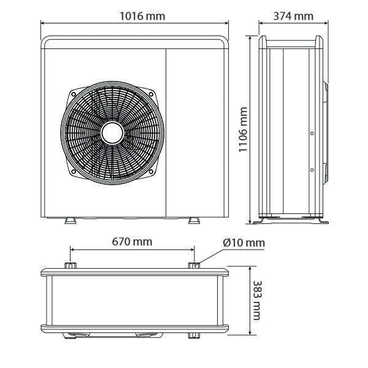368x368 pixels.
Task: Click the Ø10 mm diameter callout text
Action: pyautogui.click(x=244, y=243)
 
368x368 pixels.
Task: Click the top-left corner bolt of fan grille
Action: pyautogui.click(x=73, y=94)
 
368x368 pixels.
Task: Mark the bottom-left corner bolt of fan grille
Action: pyautogui.click(x=73, y=172)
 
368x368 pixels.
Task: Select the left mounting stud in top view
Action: pyautogui.click(x=70, y=266)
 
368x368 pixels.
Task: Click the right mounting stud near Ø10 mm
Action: pyautogui.click(x=194, y=266)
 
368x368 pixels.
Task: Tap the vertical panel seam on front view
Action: pyautogui.click(x=166, y=132)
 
